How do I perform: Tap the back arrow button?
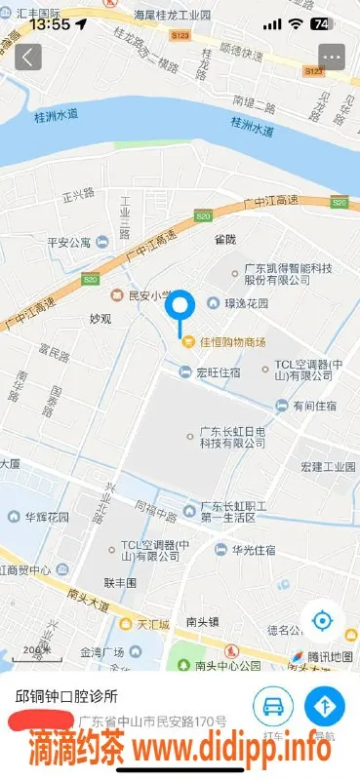[27, 57]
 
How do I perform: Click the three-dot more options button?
[332, 57]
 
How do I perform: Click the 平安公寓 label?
[68, 242]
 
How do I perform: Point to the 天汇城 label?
[153, 623]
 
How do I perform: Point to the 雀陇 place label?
[225, 237]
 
